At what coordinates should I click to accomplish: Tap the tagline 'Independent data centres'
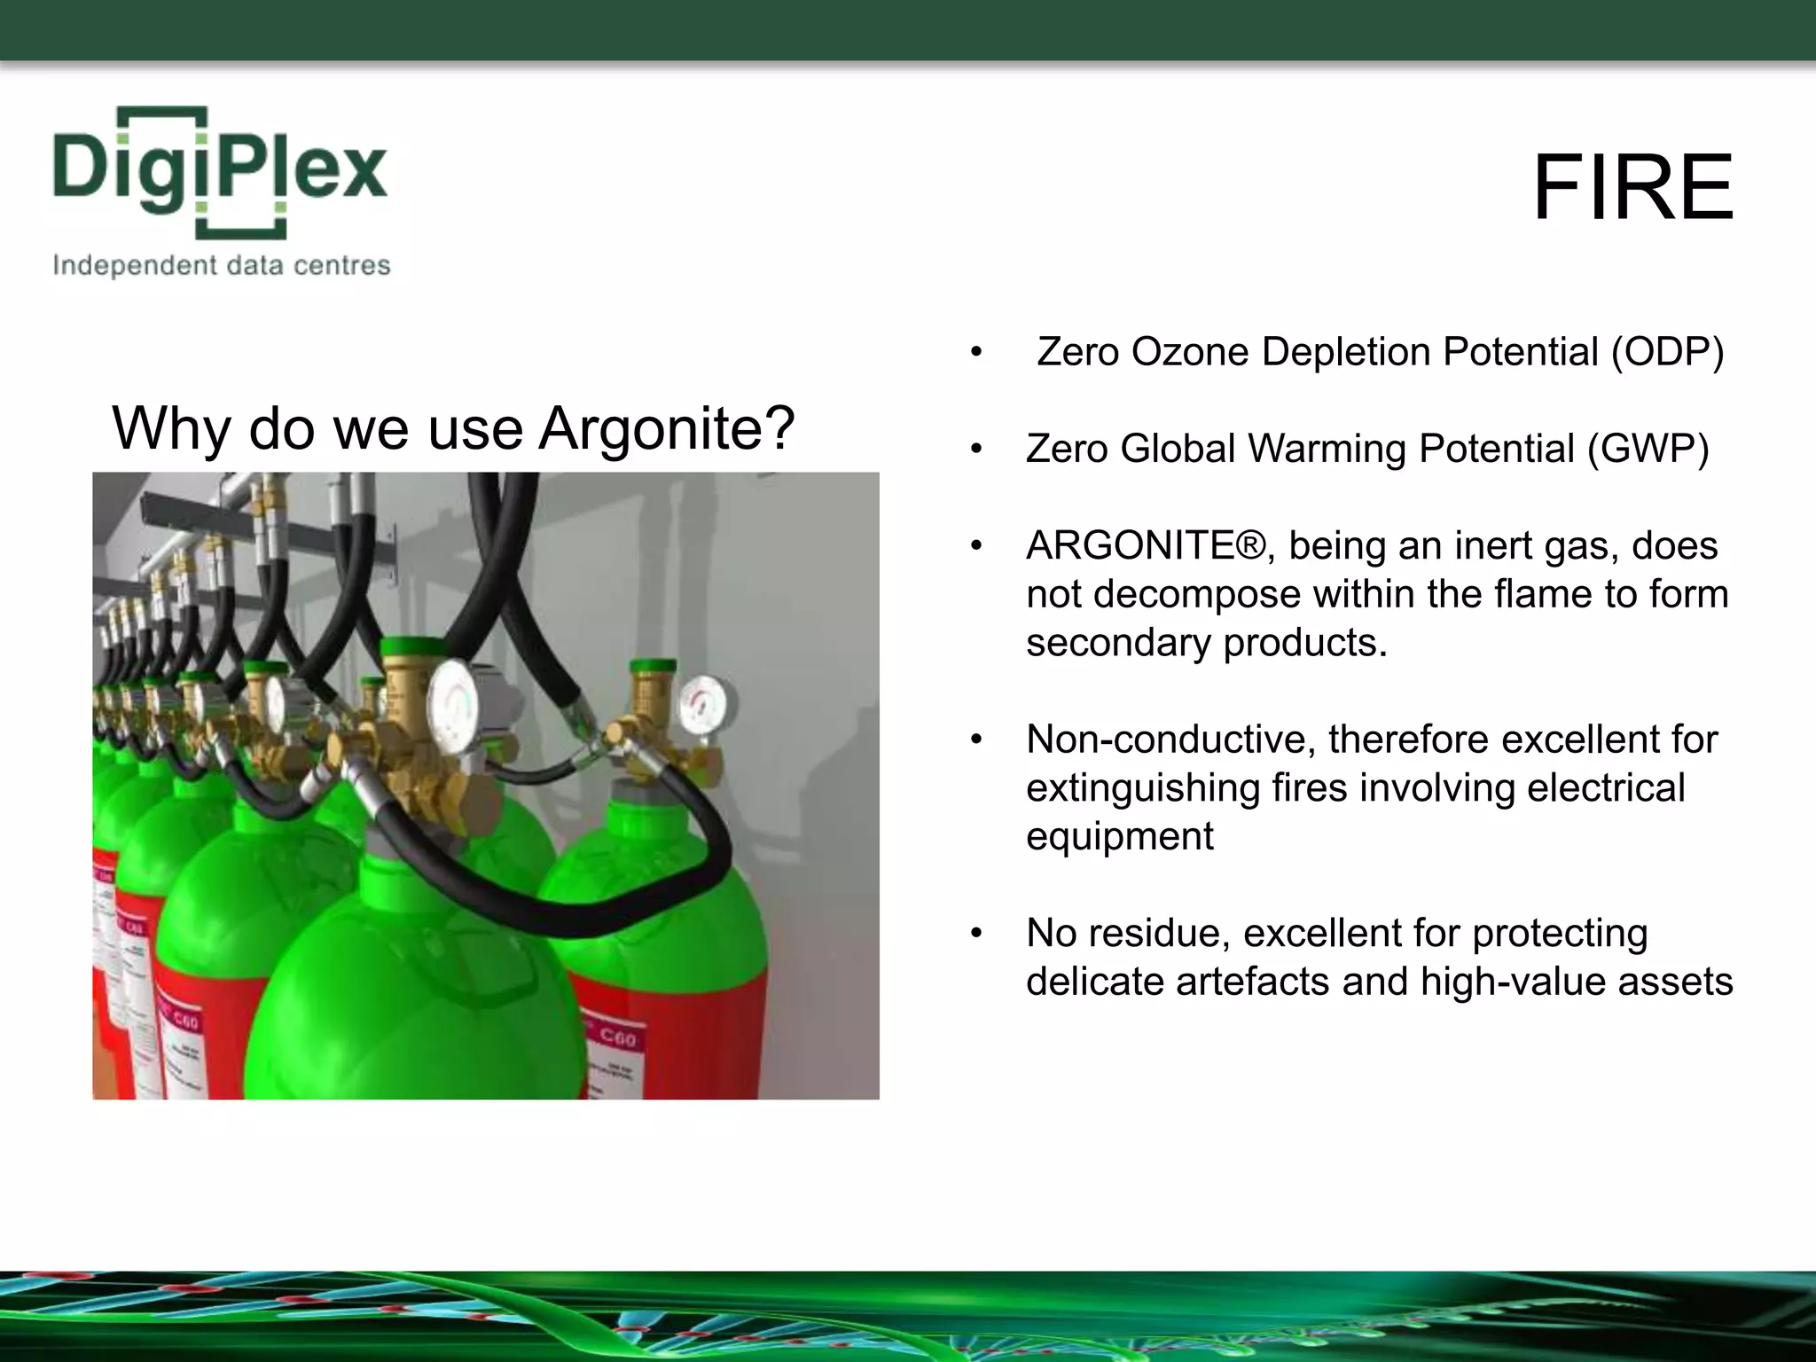(x=222, y=265)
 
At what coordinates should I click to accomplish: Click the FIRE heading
(x=1632, y=188)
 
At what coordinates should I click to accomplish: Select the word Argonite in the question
(x=666, y=429)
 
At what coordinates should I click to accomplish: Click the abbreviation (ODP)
(x=1667, y=352)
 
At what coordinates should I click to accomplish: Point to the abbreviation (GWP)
(x=1648, y=449)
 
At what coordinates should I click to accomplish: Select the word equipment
(x=1119, y=836)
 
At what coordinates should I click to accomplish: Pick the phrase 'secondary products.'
(x=1206, y=642)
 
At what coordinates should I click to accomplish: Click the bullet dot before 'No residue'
(x=976, y=933)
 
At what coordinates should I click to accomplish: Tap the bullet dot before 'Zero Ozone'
(x=976, y=352)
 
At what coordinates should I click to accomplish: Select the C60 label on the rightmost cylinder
(x=617, y=1036)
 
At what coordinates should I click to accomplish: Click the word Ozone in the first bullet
(x=1193, y=352)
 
